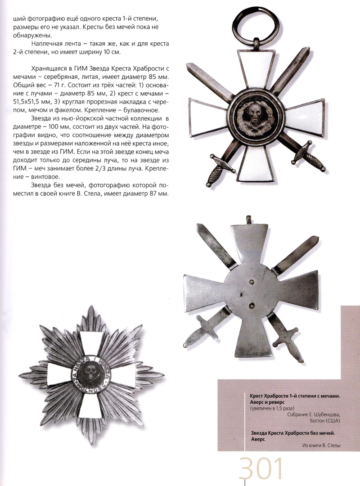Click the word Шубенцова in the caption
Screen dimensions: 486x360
(x=324, y=414)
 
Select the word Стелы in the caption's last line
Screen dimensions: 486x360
(x=333, y=446)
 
